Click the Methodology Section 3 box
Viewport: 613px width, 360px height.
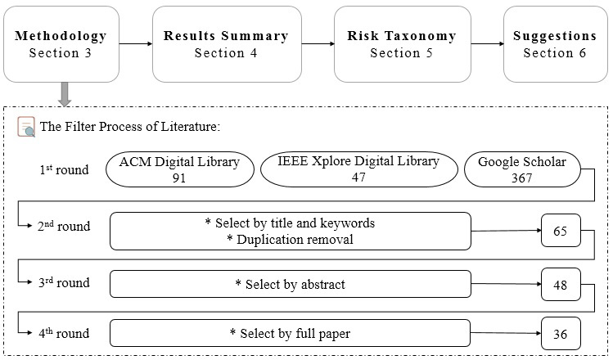click(61, 44)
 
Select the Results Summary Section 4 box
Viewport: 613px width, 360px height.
click(225, 44)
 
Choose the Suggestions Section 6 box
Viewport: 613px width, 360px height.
click(555, 44)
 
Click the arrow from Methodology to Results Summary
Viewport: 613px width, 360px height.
click(134, 44)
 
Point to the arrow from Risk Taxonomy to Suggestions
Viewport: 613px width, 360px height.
click(486, 44)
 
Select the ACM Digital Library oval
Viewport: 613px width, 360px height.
click(179, 169)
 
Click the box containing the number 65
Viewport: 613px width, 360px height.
click(561, 232)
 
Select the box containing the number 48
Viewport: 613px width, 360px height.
click(561, 284)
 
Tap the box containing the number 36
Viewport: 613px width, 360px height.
click(561, 334)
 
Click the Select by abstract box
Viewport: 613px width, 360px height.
click(290, 284)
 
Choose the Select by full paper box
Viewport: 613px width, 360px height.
click(290, 334)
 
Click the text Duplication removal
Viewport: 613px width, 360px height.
click(290, 239)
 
